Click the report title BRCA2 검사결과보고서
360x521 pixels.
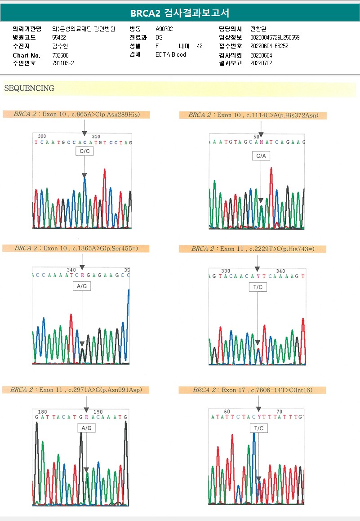click(x=180, y=13)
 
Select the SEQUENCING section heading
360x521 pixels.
click(x=29, y=89)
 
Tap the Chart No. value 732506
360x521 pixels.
click(x=60, y=55)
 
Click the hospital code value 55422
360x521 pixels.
click(x=59, y=37)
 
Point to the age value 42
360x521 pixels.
click(x=200, y=46)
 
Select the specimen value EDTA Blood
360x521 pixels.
click(x=170, y=54)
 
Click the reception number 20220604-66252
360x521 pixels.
click(x=269, y=46)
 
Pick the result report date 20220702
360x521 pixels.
click(x=261, y=63)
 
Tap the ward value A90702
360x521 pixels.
click(x=164, y=29)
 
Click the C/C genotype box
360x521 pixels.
click(x=84, y=151)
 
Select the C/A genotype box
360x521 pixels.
click(x=261, y=156)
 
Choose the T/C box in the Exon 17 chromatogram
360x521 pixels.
click(x=259, y=428)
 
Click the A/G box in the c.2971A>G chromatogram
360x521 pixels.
click(x=86, y=428)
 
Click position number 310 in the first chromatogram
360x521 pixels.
click(x=96, y=137)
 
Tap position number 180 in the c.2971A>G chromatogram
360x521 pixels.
click(x=43, y=412)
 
